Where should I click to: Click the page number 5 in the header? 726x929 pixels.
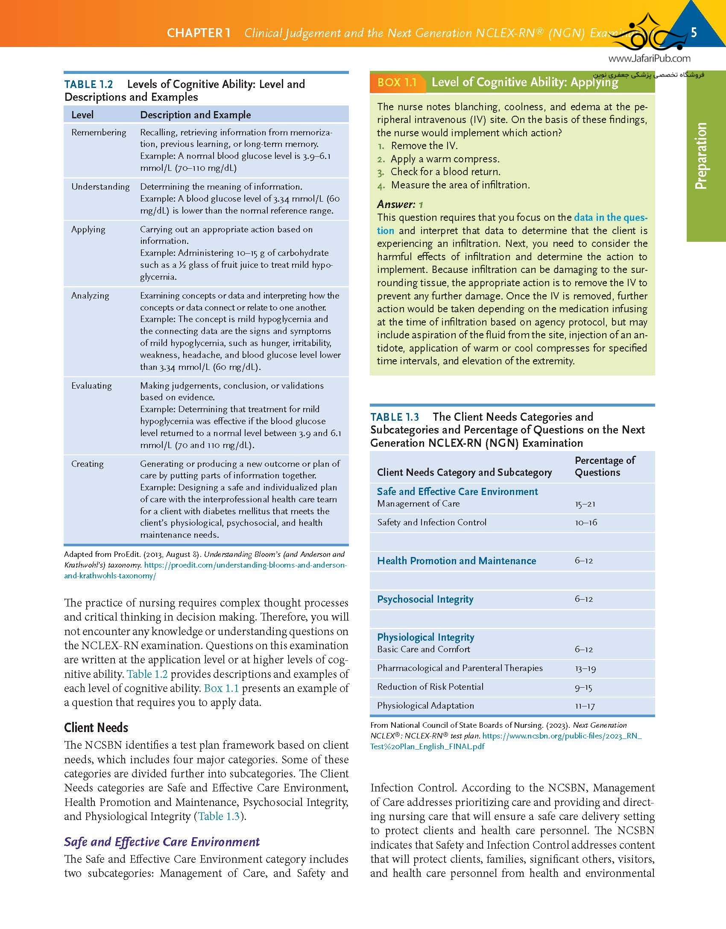click(694, 32)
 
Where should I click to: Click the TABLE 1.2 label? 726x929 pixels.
click(88, 84)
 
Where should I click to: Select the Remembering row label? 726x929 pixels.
click(99, 132)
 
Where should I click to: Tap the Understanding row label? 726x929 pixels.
click(100, 187)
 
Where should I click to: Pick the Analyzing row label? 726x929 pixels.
click(90, 296)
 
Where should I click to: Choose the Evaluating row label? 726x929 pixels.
click(91, 386)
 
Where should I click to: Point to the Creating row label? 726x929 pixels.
click(87, 464)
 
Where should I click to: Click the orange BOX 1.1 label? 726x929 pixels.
click(397, 82)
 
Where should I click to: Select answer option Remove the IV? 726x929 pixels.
click(424, 146)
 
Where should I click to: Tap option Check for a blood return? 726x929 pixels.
click(445, 172)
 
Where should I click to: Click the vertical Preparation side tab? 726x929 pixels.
click(701, 156)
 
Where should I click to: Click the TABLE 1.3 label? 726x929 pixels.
click(395, 417)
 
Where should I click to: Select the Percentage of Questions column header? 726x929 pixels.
click(604, 466)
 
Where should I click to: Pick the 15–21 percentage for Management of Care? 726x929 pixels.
click(585, 504)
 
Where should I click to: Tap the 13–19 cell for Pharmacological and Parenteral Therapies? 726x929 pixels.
click(585, 668)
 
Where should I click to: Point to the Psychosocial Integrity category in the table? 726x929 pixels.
click(425, 599)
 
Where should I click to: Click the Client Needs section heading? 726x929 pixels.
click(96, 728)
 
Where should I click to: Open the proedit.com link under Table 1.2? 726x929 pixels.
click(245, 565)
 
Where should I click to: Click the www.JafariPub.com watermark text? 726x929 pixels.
click(649, 59)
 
